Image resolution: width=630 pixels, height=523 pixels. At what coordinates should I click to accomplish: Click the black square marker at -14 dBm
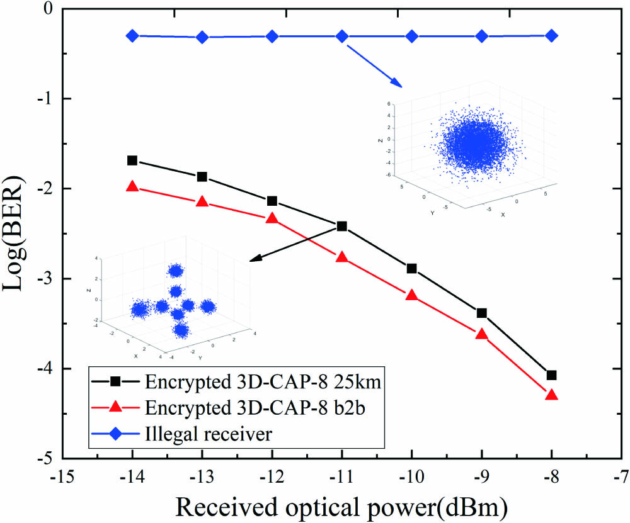(132, 160)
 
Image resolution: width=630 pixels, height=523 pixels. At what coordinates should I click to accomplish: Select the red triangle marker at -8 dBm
(551, 395)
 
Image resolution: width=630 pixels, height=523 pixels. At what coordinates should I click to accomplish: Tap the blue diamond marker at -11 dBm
(341, 36)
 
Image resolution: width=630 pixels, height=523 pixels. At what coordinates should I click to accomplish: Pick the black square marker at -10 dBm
(411, 269)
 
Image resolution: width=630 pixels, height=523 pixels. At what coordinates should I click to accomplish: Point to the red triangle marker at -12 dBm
(272, 218)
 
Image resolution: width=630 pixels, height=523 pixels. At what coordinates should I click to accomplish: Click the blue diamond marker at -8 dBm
(551, 36)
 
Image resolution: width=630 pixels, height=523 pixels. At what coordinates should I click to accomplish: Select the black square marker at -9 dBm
(481, 313)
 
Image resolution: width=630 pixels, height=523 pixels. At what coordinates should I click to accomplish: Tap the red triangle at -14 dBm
(132, 186)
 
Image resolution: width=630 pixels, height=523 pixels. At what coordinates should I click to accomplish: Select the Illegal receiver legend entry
(208, 433)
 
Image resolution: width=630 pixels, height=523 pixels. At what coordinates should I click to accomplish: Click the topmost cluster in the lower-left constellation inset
(175, 271)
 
